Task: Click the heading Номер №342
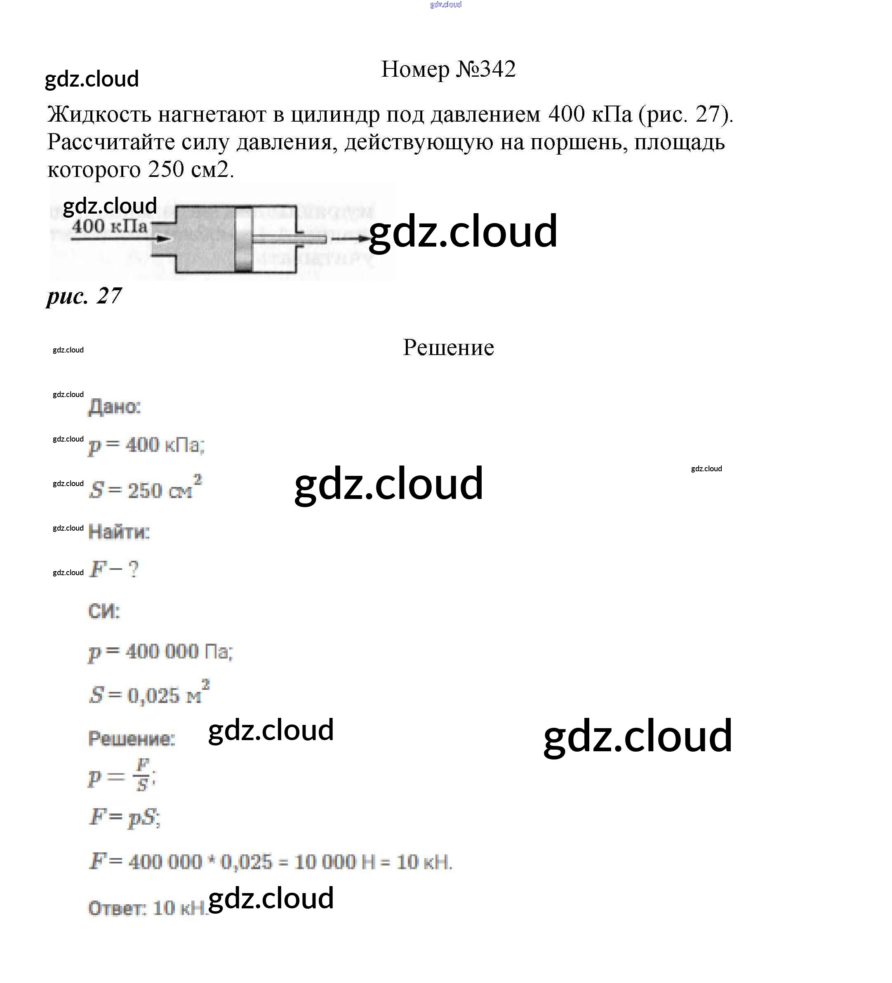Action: [448, 69]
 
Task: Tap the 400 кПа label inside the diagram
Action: [109, 227]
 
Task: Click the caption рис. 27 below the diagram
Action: [84, 296]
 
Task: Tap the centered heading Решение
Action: [448, 348]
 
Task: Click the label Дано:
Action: [114, 407]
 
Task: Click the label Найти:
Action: [118, 531]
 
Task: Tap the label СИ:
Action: [104, 611]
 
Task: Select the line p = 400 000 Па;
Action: [160, 652]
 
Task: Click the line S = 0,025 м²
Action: [149, 694]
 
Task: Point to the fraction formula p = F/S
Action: [121, 776]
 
